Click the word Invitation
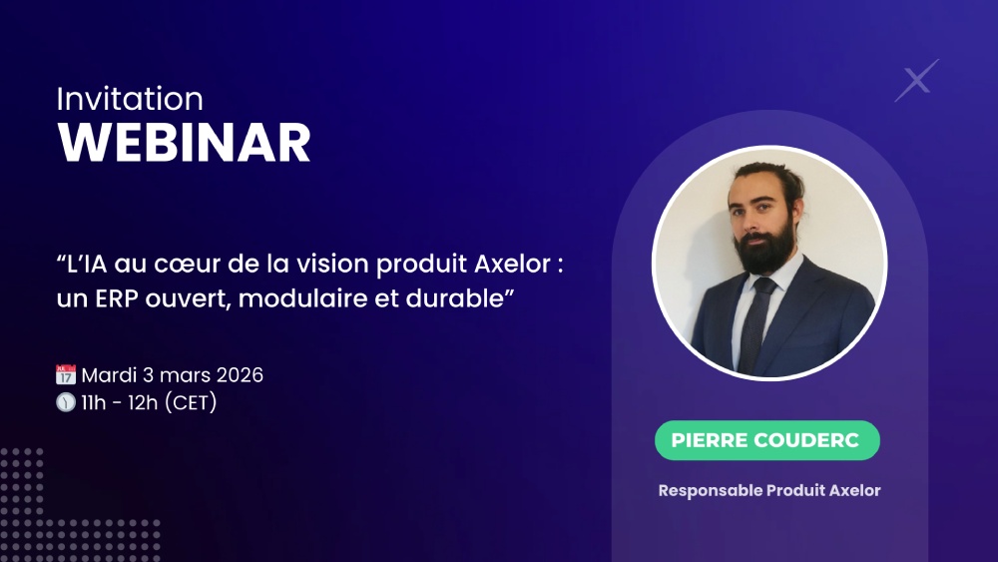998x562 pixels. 130,99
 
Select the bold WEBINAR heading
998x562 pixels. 185,143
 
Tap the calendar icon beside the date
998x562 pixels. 66,375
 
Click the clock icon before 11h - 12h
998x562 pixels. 66,402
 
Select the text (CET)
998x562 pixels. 190,402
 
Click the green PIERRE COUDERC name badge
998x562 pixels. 766,440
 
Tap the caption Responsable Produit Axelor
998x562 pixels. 769,490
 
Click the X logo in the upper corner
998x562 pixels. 916,80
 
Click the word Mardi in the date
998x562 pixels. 107,375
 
